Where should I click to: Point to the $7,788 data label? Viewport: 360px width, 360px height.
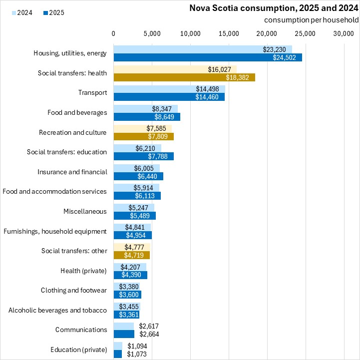tap(158, 156)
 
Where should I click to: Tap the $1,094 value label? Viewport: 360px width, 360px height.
tap(137, 346)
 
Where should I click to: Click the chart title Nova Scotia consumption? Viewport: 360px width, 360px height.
tap(274, 8)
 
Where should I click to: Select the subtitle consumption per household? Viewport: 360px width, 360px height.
tap(312, 20)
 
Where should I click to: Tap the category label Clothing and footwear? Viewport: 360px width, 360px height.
tap(74, 290)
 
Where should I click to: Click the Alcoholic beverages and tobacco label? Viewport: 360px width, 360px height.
tap(57, 310)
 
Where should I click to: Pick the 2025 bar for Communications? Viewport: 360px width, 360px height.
tap(124, 334)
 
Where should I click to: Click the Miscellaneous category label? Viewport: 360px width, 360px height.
tap(85, 211)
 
